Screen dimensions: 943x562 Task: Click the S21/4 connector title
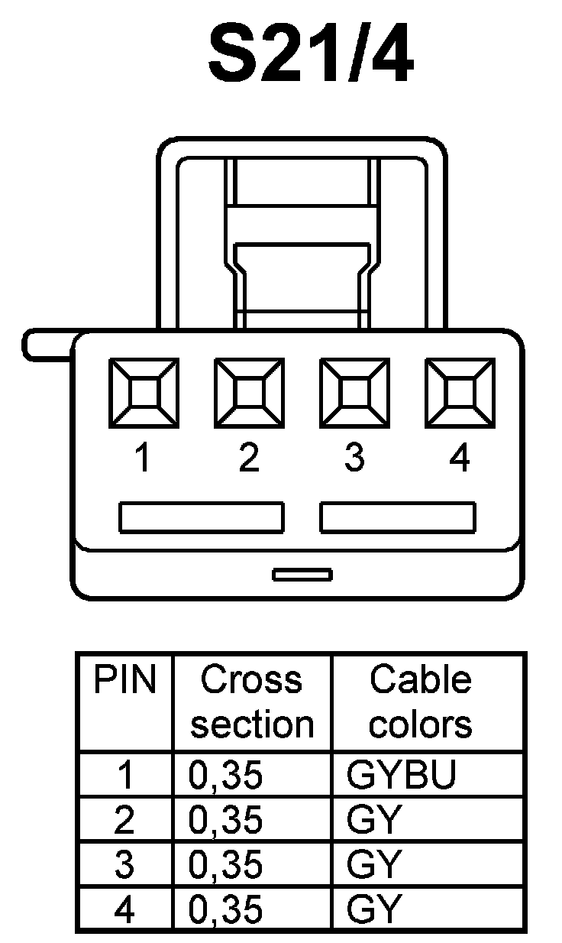(x=311, y=53)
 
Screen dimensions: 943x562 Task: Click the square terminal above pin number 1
(x=143, y=394)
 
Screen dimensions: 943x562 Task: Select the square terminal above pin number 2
(x=249, y=394)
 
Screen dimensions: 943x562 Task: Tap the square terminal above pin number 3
(x=354, y=394)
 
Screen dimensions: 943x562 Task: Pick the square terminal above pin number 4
(x=460, y=394)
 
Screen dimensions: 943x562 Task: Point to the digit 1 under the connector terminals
(x=142, y=459)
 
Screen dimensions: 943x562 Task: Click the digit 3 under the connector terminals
(x=354, y=459)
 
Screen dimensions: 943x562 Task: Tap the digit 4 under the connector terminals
(x=460, y=459)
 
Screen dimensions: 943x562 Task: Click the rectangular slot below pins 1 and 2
(x=202, y=517)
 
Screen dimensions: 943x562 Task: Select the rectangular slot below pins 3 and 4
(x=398, y=517)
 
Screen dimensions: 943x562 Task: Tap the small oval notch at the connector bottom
(x=302, y=574)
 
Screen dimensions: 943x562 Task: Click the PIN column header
(x=124, y=680)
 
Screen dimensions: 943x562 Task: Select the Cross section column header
(x=252, y=702)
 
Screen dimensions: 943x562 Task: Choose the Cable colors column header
(x=421, y=702)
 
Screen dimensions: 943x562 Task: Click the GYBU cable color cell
(x=402, y=775)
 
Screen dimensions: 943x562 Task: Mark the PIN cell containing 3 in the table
(x=124, y=865)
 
